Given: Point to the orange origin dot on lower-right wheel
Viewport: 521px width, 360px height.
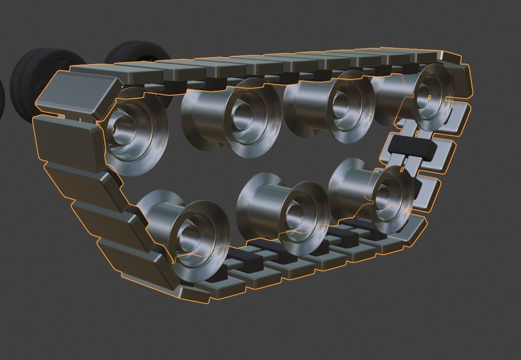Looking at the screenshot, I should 389,205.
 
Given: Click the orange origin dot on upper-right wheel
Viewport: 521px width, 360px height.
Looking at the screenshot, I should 430,97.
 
